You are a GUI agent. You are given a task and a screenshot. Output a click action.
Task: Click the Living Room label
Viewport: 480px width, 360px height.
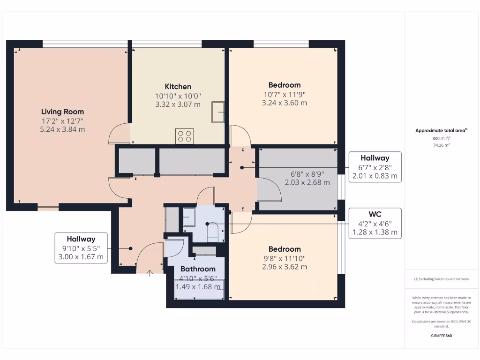pyautogui.click(x=62, y=112)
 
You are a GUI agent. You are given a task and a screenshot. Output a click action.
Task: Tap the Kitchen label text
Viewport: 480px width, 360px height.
pyautogui.click(x=178, y=86)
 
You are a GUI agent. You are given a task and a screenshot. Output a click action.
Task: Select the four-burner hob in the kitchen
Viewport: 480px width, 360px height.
pyautogui.click(x=184, y=136)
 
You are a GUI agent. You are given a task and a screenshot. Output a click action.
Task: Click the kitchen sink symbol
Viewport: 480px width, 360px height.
pyautogui.click(x=218, y=112)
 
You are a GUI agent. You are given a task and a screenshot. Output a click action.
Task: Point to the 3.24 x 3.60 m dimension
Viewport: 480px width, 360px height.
pyautogui.click(x=284, y=103)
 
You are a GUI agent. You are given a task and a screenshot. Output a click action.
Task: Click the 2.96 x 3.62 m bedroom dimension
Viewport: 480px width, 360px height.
pyautogui.click(x=284, y=267)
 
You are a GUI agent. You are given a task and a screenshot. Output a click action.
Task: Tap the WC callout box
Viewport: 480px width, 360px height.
pyautogui.click(x=375, y=223)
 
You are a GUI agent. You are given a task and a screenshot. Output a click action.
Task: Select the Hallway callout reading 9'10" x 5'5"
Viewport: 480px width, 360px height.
pyautogui.click(x=81, y=248)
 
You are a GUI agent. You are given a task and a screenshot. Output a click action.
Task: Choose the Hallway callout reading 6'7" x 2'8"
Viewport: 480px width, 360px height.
pyautogui.click(x=375, y=167)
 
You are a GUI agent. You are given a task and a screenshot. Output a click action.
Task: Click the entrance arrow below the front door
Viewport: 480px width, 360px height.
pyautogui.click(x=150, y=273)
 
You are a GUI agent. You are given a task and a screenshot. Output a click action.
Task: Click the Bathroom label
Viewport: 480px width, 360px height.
pyautogui.click(x=198, y=269)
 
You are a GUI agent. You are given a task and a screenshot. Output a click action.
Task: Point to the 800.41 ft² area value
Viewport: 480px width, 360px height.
pyautogui.click(x=441, y=138)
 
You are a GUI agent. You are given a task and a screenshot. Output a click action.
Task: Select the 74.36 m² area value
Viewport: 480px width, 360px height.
pyautogui.click(x=441, y=145)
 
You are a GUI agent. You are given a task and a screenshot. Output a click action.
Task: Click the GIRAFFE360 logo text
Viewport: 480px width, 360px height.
pyautogui.click(x=441, y=336)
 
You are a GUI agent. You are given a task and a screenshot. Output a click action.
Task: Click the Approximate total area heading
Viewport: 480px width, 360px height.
pyautogui.click(x=441, y=131)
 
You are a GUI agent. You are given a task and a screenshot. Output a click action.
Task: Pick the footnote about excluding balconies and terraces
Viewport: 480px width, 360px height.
pyautogui.click(x=441, y=279)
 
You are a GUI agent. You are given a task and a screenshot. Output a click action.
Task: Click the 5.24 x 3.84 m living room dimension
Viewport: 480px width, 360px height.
pyautogui.click(x=62, y=129)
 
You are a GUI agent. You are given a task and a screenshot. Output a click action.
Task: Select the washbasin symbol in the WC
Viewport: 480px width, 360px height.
pyautogui.click(x=189, y=217)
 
